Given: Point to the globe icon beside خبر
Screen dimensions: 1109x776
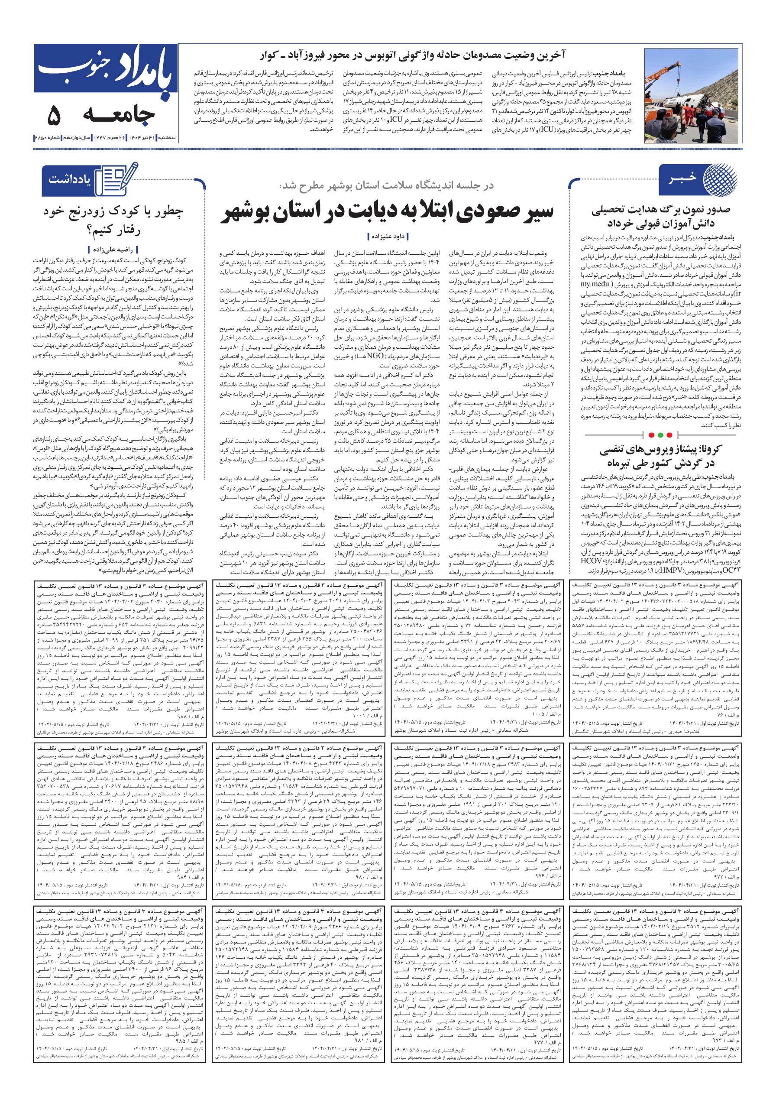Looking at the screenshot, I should [x=720, y=180].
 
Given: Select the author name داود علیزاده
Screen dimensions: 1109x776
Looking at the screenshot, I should [x=385, y=236].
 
